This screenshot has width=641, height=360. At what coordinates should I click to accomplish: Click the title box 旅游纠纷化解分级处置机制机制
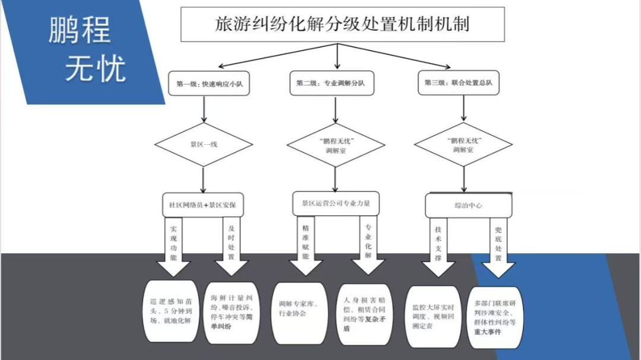pyautogui.click(x=342, y=25)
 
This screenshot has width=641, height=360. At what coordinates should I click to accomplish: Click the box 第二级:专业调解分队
pyautogui.click(x=330, y=84)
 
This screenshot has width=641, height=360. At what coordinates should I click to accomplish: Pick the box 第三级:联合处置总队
pyautogui.click(x=458, y=82)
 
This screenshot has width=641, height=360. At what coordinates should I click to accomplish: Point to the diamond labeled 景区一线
pyautogui.click(x=204, y=144)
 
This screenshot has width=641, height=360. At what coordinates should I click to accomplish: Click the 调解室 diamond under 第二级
pyautogui.click(x=335, y=145)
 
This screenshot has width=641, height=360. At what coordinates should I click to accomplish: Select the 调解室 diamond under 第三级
pyautogui.click(x=464, y=145)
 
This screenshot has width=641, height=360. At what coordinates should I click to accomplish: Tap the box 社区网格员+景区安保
pyautogui.click(x=204, y=205)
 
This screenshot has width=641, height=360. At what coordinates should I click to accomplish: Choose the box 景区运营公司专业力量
pyautogui.click(x=336, y=203)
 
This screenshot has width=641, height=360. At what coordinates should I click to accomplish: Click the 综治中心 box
pyautogui.click(x=468, y=205)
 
